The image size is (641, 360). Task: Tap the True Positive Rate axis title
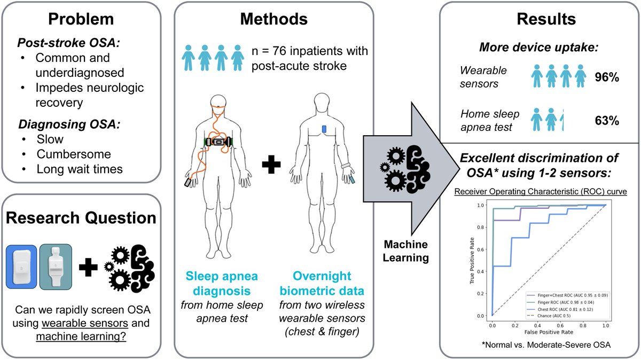click(x=472, y=260)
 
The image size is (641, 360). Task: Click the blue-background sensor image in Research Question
click(x=21, y=267)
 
